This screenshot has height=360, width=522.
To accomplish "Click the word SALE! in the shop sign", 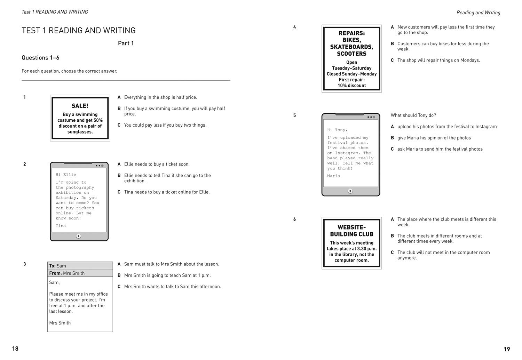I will (80, 106).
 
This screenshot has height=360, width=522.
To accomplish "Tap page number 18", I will (15, 349).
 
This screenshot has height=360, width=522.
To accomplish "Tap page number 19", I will (507, 349).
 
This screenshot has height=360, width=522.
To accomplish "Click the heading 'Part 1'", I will (126, 43).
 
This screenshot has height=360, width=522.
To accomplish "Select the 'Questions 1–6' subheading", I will (40, 58).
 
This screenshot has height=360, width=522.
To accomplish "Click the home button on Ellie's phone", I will (79, 236).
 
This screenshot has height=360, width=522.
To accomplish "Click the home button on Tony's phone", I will (350, 191).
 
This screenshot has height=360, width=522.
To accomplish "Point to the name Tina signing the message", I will (61, 226).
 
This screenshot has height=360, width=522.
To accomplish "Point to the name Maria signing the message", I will (333, 176).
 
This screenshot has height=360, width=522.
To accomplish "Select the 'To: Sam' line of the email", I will (58, 266).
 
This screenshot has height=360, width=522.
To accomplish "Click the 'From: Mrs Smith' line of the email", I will (67, 273).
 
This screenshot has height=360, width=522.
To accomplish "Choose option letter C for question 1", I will (119, 125).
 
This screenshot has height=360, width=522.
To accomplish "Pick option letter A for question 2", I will (119, 164).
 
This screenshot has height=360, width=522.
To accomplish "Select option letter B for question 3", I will (119, 275).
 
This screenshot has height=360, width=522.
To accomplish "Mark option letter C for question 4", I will (392, 60).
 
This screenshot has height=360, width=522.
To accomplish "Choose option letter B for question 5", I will (392, 138).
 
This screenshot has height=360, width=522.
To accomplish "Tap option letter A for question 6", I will (392, 219).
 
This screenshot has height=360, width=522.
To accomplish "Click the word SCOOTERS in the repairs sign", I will (351, 54).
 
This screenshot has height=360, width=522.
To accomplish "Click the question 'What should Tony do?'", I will (413, 115).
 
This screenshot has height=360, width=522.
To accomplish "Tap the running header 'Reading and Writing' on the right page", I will (478, 13).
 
